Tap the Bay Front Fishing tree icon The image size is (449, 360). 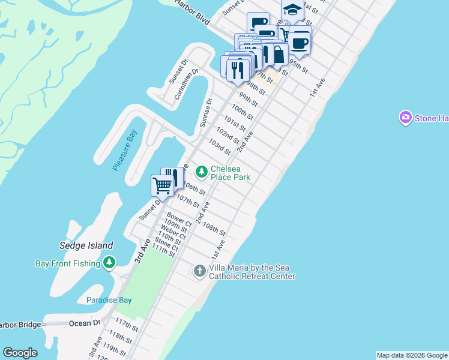coord(109,262)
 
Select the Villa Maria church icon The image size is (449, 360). coord(200,271)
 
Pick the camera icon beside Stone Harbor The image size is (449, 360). coord(406,118)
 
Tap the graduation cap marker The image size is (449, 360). coord(292,10)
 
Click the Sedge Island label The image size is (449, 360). coord(86,245)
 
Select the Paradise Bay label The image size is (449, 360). coord(109,300)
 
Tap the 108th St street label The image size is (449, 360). coord(214,229)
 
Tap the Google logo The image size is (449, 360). coord(20,353)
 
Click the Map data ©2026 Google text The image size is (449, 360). coord(412,355)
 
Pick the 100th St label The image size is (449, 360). coord(242,113)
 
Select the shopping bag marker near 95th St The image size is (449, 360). coord(279,54)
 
